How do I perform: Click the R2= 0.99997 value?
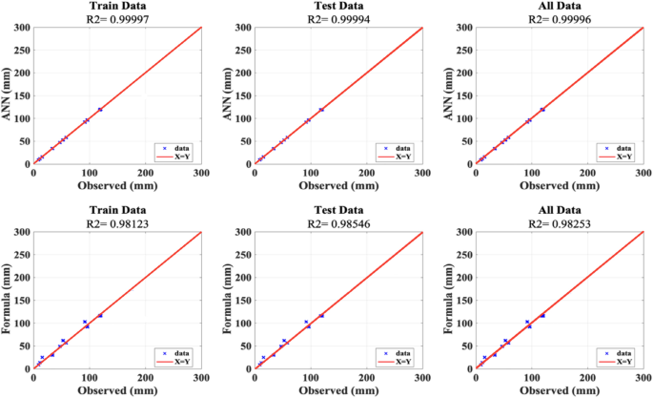click(x=117, y=19)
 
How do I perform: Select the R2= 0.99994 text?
click(x=338, y=19)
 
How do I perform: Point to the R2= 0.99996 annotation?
click(x=560, y=19)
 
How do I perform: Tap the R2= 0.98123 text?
click(x=117, y=223)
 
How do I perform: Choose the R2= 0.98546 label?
click(x=338, y=223)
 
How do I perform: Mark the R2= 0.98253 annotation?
click(x=560, y=223)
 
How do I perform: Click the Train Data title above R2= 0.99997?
click(x=118, y=6)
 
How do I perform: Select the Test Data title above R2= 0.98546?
click(x=338, y=210)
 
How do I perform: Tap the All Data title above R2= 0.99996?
click(x=560, y=6)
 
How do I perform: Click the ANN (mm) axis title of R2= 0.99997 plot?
click(x=7, y=95)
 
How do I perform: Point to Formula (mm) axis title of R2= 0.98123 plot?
click(x=7, y=300)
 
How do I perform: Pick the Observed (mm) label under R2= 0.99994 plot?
click(x=338, y=186)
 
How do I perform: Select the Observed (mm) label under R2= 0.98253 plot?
click(x=560, y=390)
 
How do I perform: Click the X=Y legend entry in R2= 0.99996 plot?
click(x=624, y=157)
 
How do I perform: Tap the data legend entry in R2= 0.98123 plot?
click(x=182, y=353)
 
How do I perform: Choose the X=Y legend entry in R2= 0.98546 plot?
click(x=403, y=362)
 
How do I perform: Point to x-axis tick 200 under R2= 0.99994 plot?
click(x=366, y=173)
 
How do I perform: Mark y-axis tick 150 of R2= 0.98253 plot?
click(x=465, y=300)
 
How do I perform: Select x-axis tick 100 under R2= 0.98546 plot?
click(x=311, y=378)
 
